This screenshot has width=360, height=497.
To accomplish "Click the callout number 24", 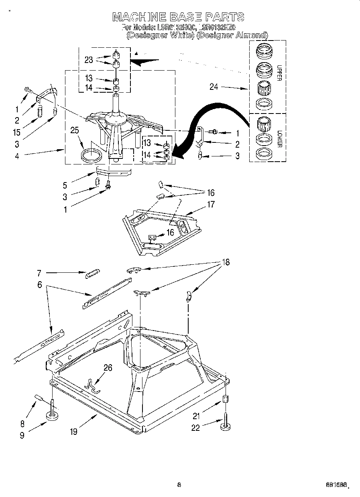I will tap(214, 86).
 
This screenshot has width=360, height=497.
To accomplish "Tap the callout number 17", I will tap(211, 204).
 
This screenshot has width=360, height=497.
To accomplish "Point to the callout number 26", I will tap(108, 367).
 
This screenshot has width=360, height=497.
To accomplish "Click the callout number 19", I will tap(73, 432).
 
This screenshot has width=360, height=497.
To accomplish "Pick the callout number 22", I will tap(195, 428).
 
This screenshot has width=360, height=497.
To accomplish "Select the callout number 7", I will tap(39, 274).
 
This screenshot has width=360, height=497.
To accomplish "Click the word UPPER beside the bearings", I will tap(279, 73).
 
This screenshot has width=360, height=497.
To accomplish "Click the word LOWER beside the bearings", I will tap(279, 137).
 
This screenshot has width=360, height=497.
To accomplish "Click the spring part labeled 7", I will tap(92, 274).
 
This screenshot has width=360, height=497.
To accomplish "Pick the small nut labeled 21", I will tap(226, 400).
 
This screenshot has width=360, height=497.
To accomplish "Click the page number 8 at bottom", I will tap(179, 485).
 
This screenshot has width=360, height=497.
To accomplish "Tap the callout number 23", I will tap(89, 60).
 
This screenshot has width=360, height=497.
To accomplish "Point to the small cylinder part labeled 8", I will tap(40, 398).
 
